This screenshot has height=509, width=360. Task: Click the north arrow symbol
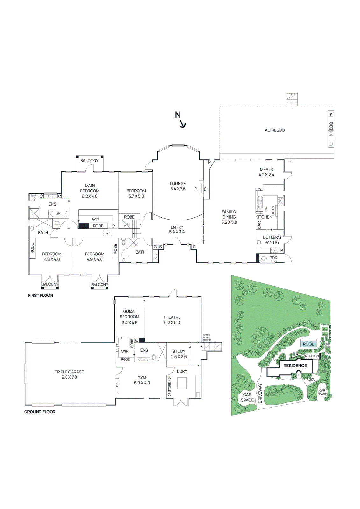click(x=180, y=120)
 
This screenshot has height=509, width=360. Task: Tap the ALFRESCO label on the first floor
click(x=275, y=130)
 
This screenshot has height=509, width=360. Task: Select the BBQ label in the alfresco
click(x=331, y=126)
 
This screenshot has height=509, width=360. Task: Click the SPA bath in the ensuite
click(x=59, y=213)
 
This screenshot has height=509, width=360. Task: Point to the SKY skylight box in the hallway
click(x=108, y=234)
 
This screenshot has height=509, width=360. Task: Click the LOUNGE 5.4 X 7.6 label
click(x=178, y=186)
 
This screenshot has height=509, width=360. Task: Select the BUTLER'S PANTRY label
click(x=272, y=240)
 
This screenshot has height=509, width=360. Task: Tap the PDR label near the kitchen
click(x=273, y=258)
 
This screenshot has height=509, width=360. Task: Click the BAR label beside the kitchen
click(x=259, y=225)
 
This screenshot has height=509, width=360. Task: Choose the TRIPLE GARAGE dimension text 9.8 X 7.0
click(x=69, y=377)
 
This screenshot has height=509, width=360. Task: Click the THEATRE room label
click(x=172, y=317)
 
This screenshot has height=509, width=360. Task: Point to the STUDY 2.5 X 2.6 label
click(x=179, y=354)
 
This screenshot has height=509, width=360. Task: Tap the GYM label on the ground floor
click(x=142, y=378)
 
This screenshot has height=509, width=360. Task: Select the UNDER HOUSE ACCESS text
click(x=207, y=338)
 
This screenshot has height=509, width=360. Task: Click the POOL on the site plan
click(x=308, y=344)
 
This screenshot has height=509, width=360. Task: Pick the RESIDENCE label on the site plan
click(x=295, y=366)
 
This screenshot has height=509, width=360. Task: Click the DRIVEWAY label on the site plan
click(x=260, y=393)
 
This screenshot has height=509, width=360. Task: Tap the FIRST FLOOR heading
click(x=40, y=295)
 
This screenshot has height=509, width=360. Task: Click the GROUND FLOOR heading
click(x=40, y=412)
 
